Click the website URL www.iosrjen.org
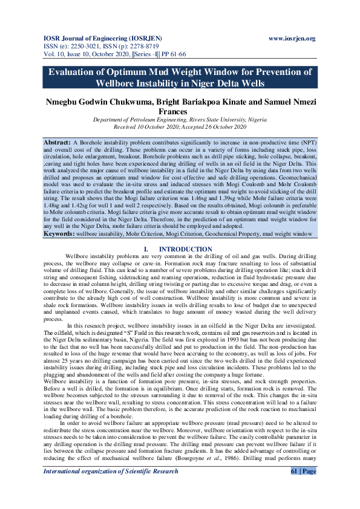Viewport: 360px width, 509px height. click(x=292, y=39)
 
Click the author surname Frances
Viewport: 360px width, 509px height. click(x=179, y=112)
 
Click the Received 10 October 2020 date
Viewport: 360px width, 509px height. click(x=145, y=127)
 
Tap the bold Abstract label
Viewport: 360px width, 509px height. click(x=57, y=141)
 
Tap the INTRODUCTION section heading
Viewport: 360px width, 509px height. click(x=180, y=249)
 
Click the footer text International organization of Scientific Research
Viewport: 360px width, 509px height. click(x=110, y=488)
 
